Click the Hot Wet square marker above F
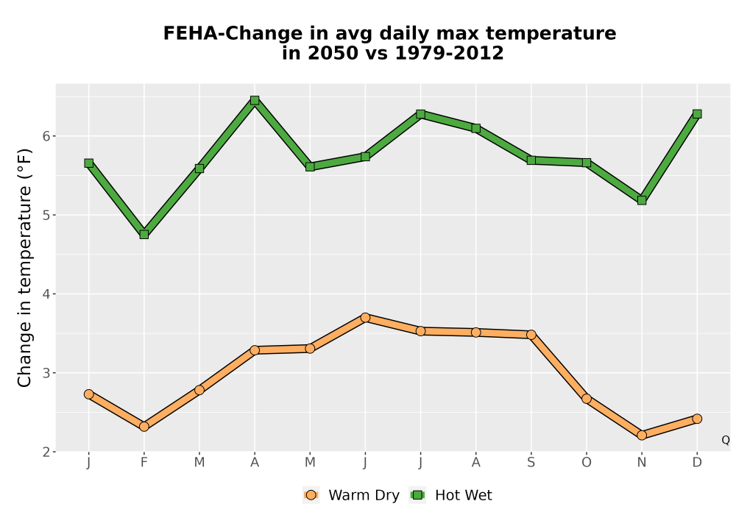144,234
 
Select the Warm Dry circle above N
642,435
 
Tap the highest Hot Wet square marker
255,100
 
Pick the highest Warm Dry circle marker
365,318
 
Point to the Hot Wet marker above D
697,114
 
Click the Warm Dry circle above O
587,399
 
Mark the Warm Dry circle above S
531,335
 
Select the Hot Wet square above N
642,200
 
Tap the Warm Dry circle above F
144,427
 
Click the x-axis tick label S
531,463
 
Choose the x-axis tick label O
587,463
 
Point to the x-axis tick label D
697,463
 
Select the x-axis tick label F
144,463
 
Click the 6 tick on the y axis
46,136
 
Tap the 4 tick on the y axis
46,294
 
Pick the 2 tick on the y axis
46,452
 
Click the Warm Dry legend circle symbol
311,495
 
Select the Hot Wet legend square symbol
417,495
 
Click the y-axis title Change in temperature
24,269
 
